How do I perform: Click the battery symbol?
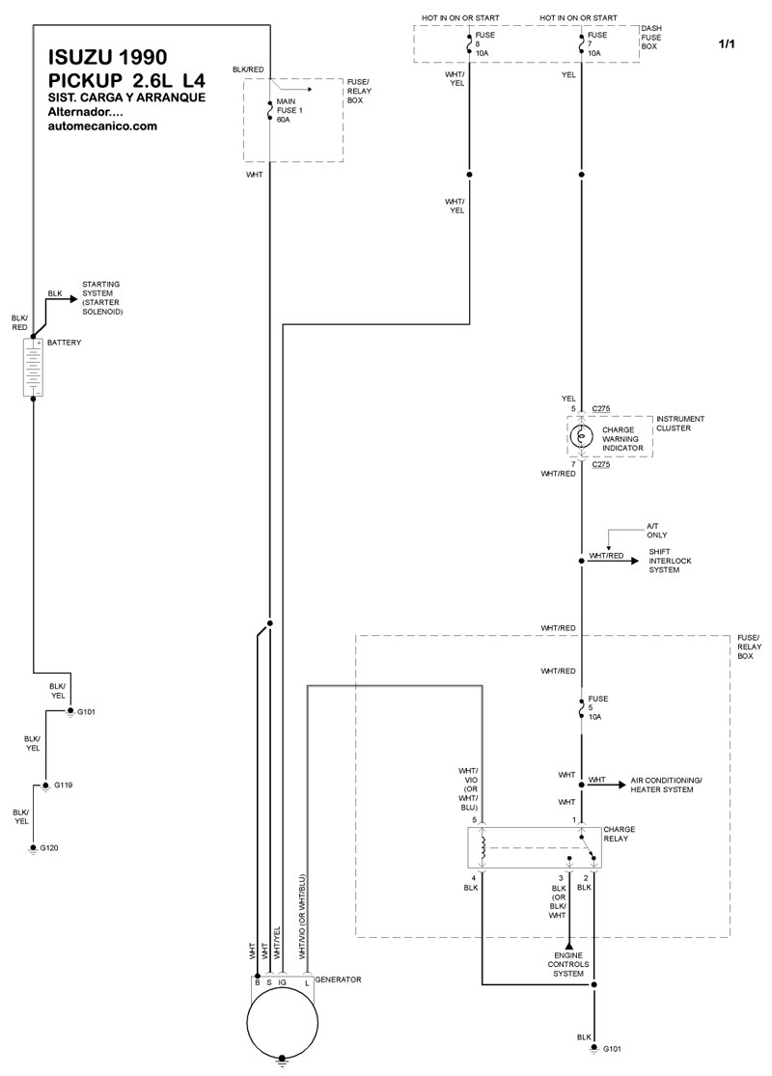coord(33,367)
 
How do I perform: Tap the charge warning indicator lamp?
coord(581,435)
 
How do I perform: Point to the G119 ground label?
coord(64,785)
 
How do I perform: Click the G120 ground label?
coord(50,847)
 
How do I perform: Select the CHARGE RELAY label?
coord(618,833)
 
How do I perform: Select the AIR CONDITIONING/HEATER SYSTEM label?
coord(666,785)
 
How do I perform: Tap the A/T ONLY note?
coord(657,530)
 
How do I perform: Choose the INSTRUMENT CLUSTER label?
coord(680,423)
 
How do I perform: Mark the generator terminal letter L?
coord(308,981)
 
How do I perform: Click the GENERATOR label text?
coord(338,979)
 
